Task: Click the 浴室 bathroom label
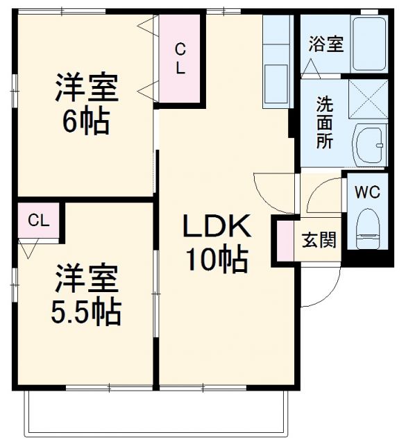325,44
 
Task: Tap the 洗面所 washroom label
324,123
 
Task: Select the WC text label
368,192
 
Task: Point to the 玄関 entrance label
319,240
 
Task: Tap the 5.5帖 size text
86,312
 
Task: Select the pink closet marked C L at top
180,60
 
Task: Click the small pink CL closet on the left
38,221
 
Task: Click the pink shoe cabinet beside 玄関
285,240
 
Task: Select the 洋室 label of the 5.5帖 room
86,279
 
